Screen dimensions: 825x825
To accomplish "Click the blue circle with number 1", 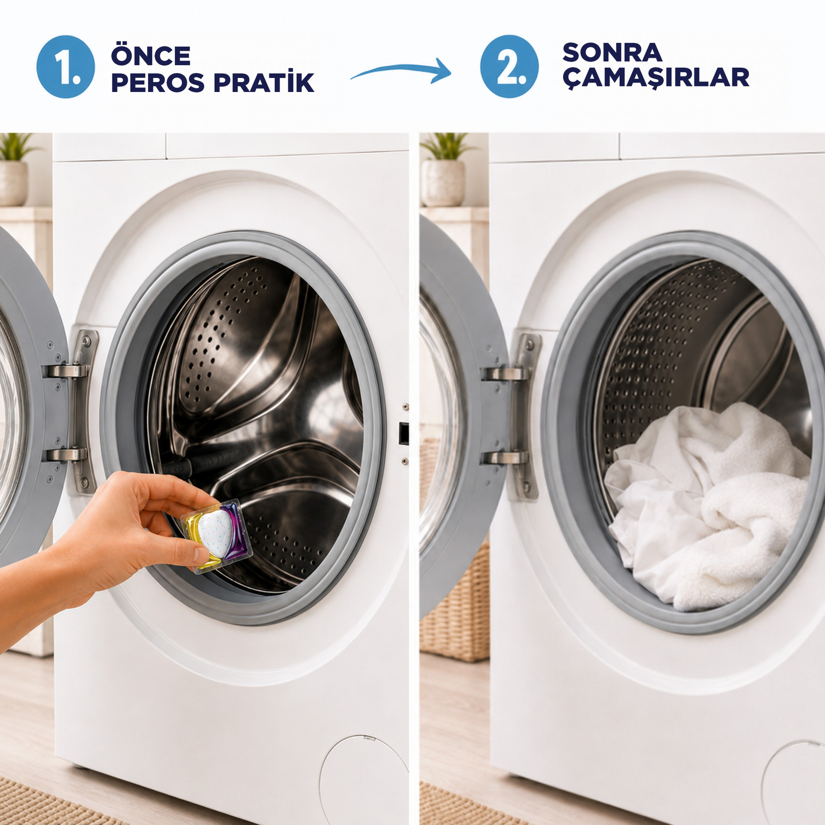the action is point(65,66).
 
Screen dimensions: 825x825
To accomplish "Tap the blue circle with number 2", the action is point(509,66).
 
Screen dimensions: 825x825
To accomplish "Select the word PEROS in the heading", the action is point(157,83).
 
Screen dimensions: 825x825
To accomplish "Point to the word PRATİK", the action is point(264,82).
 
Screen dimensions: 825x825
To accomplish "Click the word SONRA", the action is point(612,52).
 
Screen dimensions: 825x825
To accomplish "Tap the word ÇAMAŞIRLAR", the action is point(655,78).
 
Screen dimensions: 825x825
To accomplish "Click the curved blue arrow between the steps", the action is point(400,70).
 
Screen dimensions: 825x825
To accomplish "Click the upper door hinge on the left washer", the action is point(67,370).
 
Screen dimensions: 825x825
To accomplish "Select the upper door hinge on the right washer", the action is point(506,373).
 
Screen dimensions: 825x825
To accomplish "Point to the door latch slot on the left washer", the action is point(403,433).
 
